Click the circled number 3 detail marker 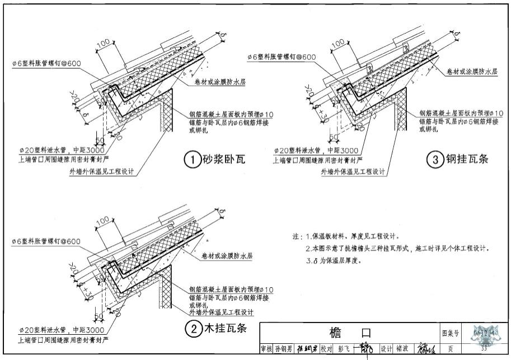click(x=436, y=160)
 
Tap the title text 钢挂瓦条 click(x=467, y=160)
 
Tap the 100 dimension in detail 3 click(x=337, y=43)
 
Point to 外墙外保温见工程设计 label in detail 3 click(x=353, y=172)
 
